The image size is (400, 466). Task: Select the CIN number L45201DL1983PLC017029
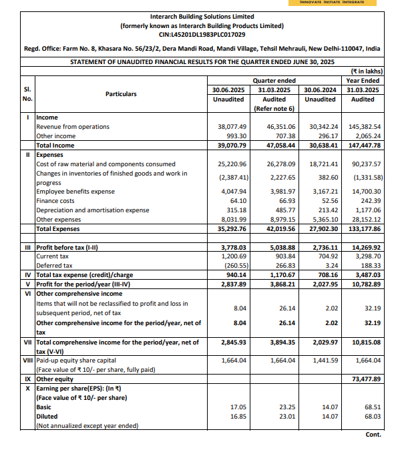pyautogui.click(x=201, y=34)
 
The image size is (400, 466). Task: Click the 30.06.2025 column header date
pyautogui.click(x=228, y=89)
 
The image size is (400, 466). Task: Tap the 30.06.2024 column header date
pyautogui.click(x=320, y=89)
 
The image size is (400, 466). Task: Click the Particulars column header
pyautogui.click(x=121, y=94)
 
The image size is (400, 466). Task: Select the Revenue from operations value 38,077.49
pyautogui.click(x=233, y=126)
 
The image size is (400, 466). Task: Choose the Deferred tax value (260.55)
pyautogui.click(x=233, y=264)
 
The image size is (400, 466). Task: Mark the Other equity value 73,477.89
pyautogui.click(x=365, y=379)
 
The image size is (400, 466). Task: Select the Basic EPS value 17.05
pyautogui.click(x=239, y=407)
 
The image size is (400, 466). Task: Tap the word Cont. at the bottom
pyautogui.click(x=373, y=435)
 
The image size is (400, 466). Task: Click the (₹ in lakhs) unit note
pyautogui.click(x=366, y=70)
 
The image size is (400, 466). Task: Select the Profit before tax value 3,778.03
pyautogui.click(x=233, y=246)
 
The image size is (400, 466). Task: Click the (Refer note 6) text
pyautogui.click(x=274, y=108)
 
